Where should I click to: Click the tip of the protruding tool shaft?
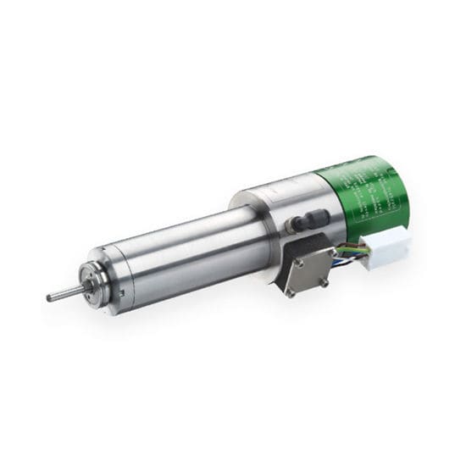(49, 297)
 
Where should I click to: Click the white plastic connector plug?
(386, 247)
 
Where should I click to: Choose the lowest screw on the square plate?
(291, 293)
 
